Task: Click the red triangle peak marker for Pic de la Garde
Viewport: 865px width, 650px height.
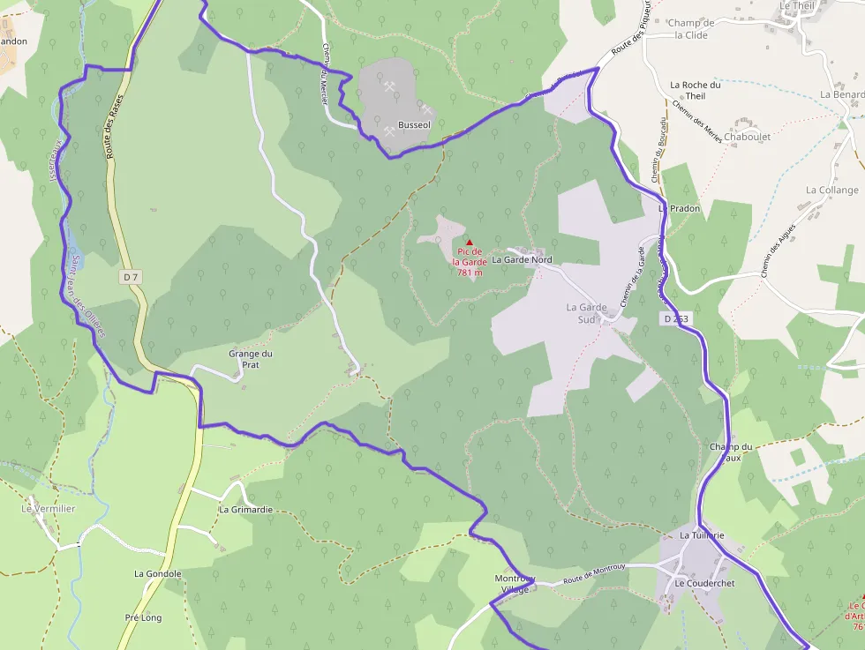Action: click(x=470, y=243)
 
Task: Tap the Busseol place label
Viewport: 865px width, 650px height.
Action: click(x=414, y=125)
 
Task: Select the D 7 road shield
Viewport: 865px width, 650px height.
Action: click(x=131, y=277)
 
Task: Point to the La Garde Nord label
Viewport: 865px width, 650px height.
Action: click(x=522, y=260)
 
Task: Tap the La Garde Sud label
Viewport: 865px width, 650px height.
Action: click(x=586, y=313)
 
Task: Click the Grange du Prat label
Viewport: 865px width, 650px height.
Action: click(x=251, y=359)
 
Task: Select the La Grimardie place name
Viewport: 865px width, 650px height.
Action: click(x=245, y=510)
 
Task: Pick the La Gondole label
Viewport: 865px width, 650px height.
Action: click(x=158, y=573)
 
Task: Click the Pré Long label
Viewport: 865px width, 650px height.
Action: click(x=144, y=617)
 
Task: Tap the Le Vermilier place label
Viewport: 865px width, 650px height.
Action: click(x=49, y=509)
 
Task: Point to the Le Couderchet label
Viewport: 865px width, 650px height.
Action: click(x=704, y=584)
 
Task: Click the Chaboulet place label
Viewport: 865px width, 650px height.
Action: click(x=747, y=137)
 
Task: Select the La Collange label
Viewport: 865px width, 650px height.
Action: click(x=831, y=190)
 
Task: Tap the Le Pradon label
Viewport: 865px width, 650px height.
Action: click(x=680, y=208)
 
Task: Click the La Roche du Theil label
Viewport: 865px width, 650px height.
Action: click(x=696, y=90)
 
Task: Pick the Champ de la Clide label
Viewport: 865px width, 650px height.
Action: click(x=691, y=29)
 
